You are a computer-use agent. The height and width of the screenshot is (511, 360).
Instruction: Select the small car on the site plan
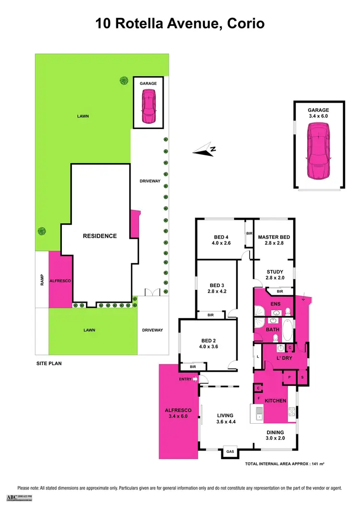(148, 106)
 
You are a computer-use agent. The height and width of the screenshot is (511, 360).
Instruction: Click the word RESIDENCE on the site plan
(100, 236)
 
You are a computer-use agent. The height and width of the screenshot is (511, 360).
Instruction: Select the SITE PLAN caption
(49, 363)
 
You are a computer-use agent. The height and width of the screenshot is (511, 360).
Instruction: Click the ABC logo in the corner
(19, 498)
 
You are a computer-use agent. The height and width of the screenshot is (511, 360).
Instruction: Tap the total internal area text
(282, 464)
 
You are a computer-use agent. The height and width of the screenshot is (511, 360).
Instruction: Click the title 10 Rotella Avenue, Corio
(180, 23)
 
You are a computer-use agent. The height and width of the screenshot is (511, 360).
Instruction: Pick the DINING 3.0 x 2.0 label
(276, 435)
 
